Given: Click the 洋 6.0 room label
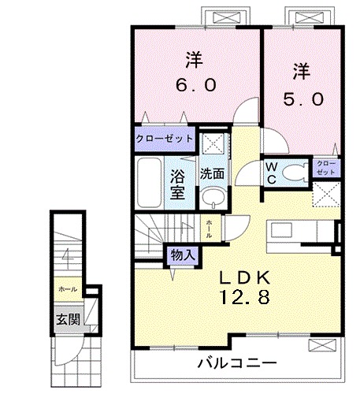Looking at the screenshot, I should coord(195,72).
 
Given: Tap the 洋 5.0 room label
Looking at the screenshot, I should coord(299,86).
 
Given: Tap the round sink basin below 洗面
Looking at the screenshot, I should coord(210,197).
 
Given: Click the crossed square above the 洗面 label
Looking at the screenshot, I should coord(210,144).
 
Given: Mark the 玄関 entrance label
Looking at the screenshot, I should coord(66,320).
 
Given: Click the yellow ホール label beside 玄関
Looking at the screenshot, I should coord(66,289).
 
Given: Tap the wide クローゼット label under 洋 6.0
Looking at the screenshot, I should coord(163,138).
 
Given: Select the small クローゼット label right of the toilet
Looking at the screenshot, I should coord(325,167).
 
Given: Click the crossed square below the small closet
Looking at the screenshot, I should coord(325,193).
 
